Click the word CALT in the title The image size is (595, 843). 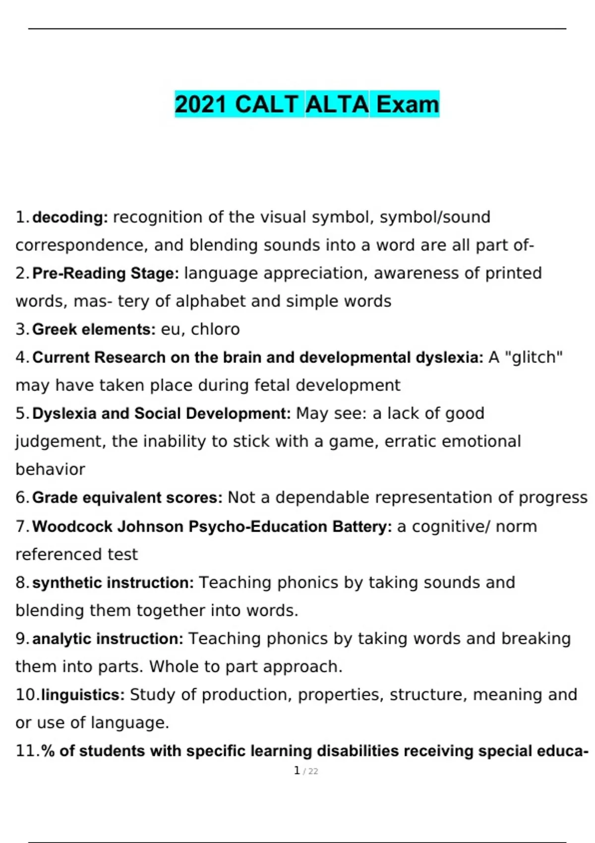(x=266, y=105)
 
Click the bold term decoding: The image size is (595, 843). (x=70, y=217)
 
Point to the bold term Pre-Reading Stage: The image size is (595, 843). (x=106, y=273)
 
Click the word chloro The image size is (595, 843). (x=215, y=329)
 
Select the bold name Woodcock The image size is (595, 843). (x=72, y=526)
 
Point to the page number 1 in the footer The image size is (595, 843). (x=297, y=771)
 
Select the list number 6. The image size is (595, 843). (x=20, y=497)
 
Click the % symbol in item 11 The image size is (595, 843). (x=48, y=751)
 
